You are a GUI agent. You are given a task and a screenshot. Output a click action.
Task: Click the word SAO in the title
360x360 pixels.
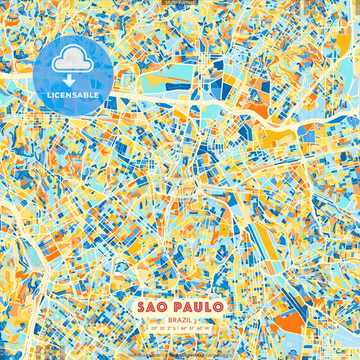[x=155, y=307]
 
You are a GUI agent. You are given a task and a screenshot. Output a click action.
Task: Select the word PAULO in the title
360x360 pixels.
[x=199, y=307]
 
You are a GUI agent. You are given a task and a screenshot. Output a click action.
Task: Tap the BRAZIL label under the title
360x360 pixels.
[x=180, y=319]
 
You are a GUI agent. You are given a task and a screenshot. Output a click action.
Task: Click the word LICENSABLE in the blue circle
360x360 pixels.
[x=73, y=95]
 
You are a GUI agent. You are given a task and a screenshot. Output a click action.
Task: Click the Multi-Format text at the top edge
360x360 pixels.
[x=180, y=3]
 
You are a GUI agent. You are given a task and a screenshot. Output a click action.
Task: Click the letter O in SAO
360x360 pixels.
[x=165, y=307]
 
